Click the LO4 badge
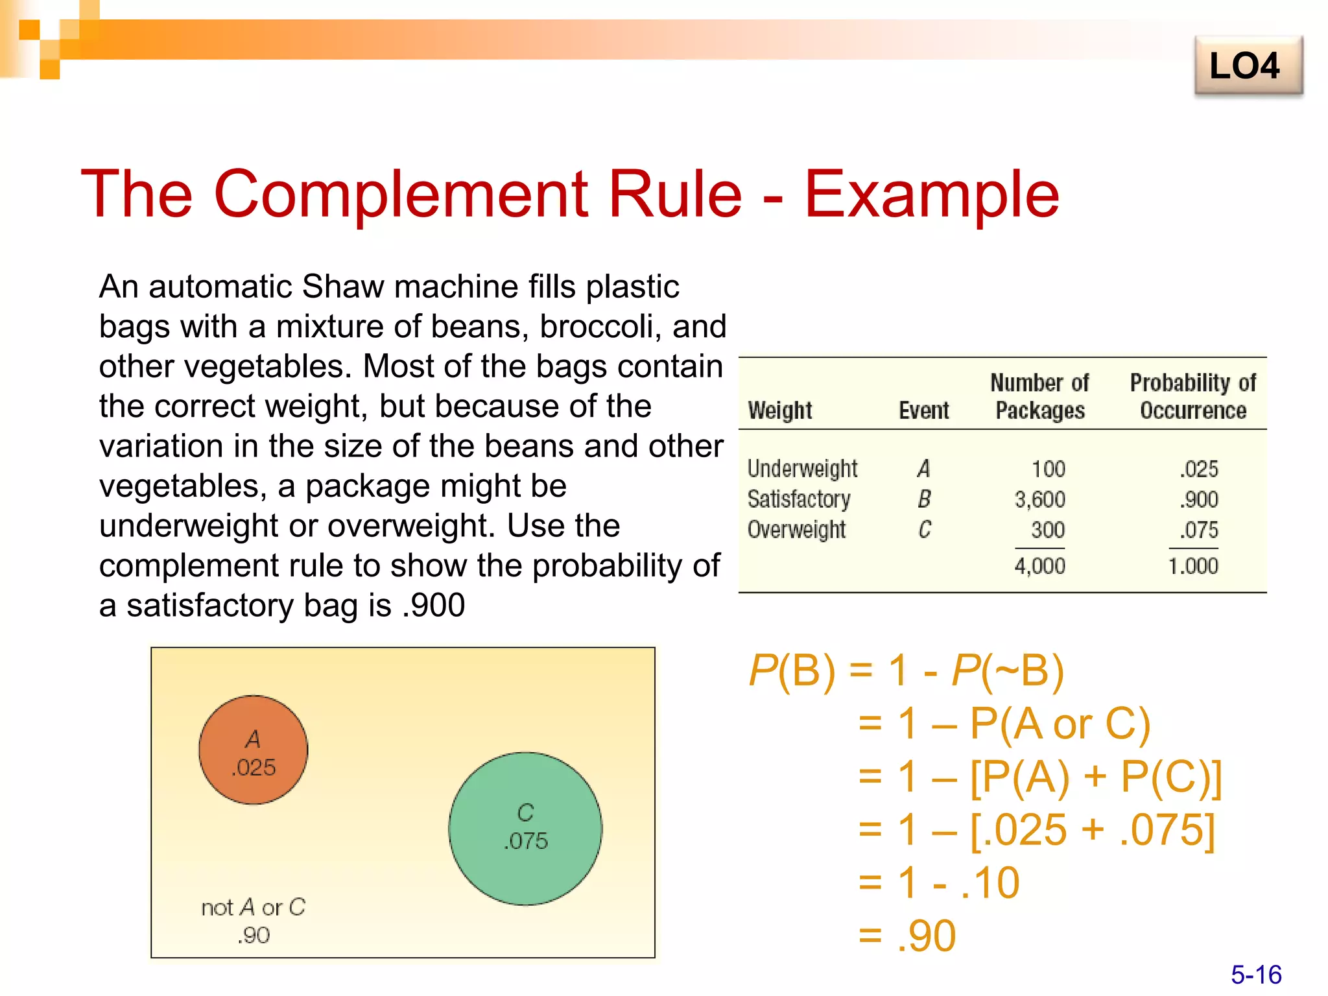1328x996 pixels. (1248, 66)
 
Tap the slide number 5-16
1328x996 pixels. (1256, 975)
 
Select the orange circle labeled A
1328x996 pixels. (254, 750)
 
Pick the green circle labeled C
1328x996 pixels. (525, 829)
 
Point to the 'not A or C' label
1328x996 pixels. (253, 907)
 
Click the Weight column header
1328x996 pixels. (779, 410)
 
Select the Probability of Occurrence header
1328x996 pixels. (1192, 396)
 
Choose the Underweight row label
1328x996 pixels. (802, 468)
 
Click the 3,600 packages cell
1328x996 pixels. (1039, 499)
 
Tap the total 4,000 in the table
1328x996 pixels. (1039, 566)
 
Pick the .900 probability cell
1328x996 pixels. (1199, 499)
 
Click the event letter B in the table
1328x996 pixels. (924, 499)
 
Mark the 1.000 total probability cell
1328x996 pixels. (1193, 566)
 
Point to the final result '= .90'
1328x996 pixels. (908, 936)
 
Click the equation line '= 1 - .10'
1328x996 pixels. (939, 883)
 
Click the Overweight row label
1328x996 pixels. (796, 530)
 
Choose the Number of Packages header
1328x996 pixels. (1039, 396)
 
